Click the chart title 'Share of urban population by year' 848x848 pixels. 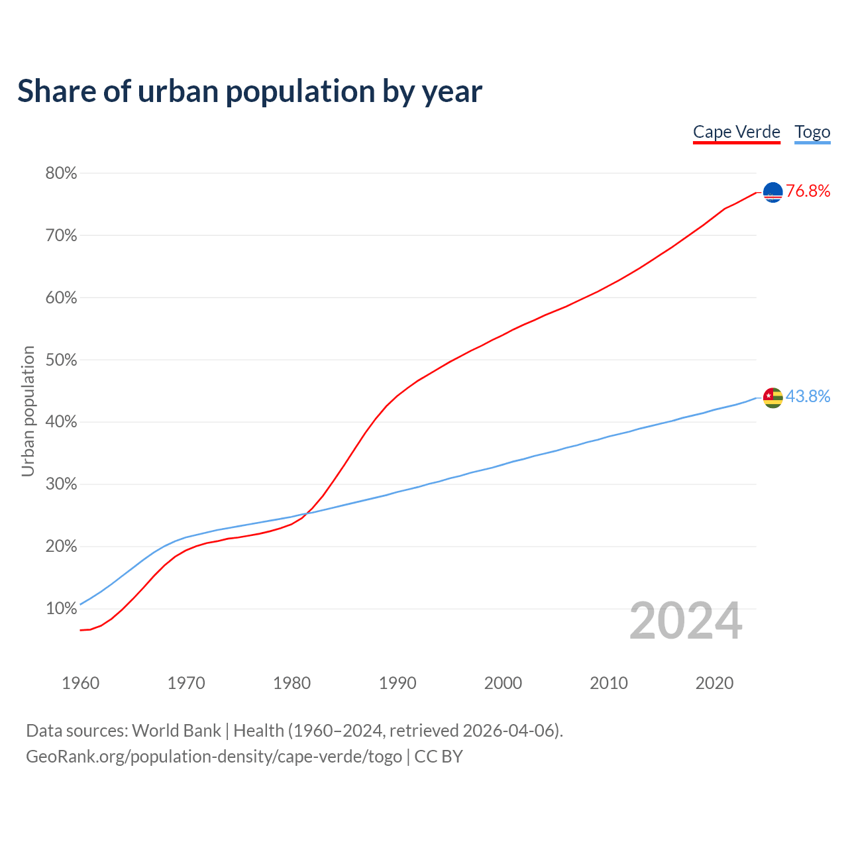[x=250, y=91]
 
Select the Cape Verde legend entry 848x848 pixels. [x=736, y=132]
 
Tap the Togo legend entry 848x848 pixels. [x=812, y=132]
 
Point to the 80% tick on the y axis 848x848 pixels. [x=61, y=174]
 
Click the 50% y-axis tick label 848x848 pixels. [x=61, y=360]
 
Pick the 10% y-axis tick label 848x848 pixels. [x=61, y=609]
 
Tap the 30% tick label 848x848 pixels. [x=61, y=484]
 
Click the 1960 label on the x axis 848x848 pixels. [x=80, y=683]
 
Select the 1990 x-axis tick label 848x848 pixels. [x=397, y=683]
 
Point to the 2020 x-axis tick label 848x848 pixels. [x=714, y=683]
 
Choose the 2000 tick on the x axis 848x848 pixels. [x=503, y=683]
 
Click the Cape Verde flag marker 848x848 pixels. [x=772, y=192]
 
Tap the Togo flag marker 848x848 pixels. [x=772, y=397]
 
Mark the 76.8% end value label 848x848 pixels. [x=808, y=191]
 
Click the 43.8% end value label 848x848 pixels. [x=808, y=397]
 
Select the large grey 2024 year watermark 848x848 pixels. [x=686, y=621]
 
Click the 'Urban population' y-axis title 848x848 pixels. [x=28, y=411]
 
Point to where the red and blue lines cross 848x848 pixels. [x=307, y=512]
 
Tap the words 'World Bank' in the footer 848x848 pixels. [x=176, y=731]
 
